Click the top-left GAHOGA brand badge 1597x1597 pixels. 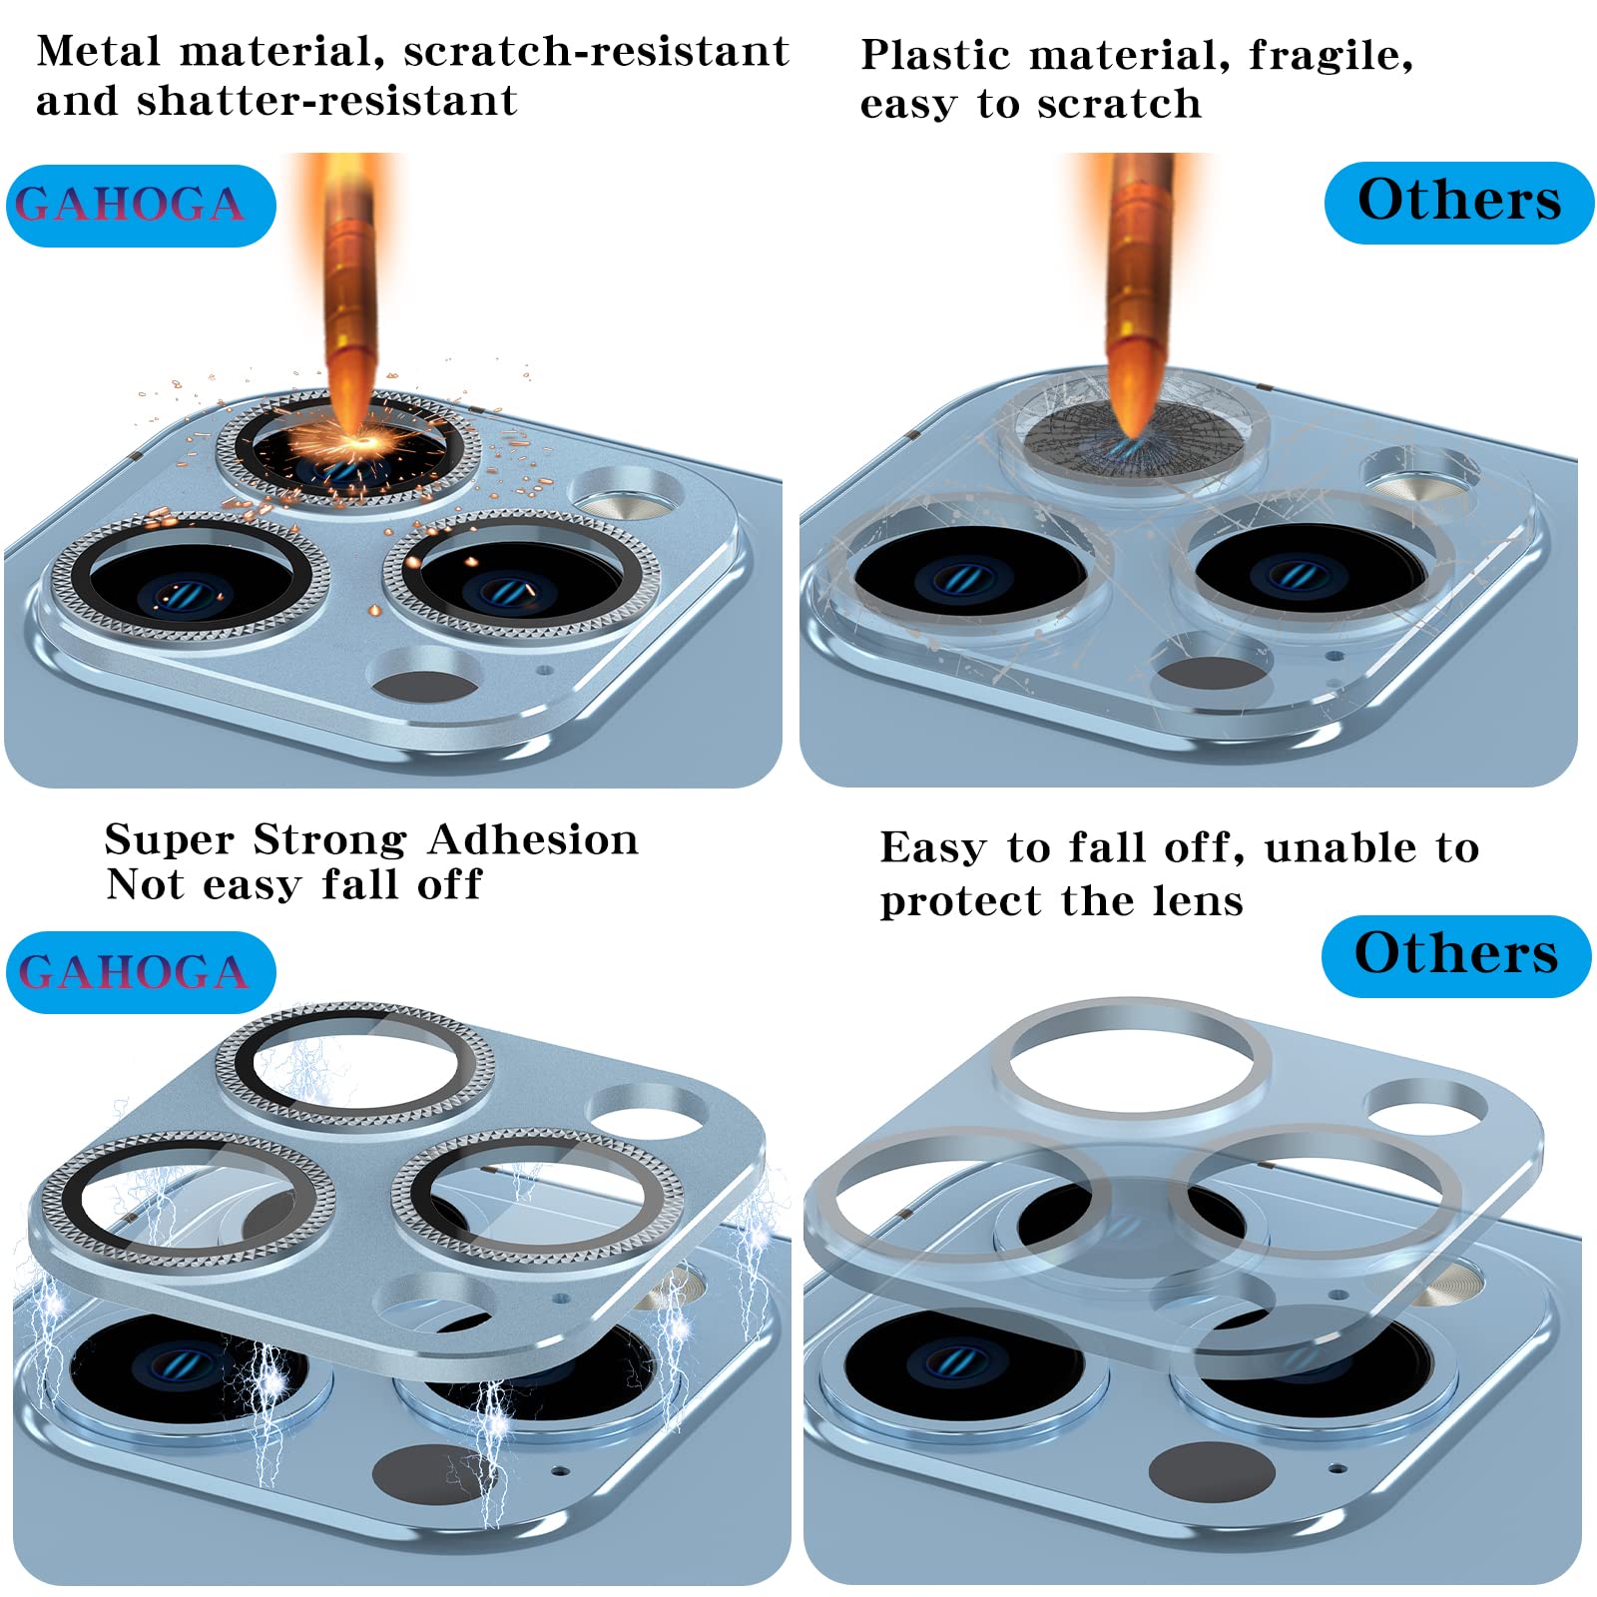(141, 206)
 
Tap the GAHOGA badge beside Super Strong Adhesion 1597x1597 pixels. (141, 972)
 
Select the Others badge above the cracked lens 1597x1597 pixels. (1459, 203)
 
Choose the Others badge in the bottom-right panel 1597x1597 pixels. (1456, 956)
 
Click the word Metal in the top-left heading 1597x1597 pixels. (98, 51)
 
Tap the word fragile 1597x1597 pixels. (1331, 56)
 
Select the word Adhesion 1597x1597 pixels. (533, 839)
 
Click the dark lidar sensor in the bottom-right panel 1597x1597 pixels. (1211, 1473)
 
